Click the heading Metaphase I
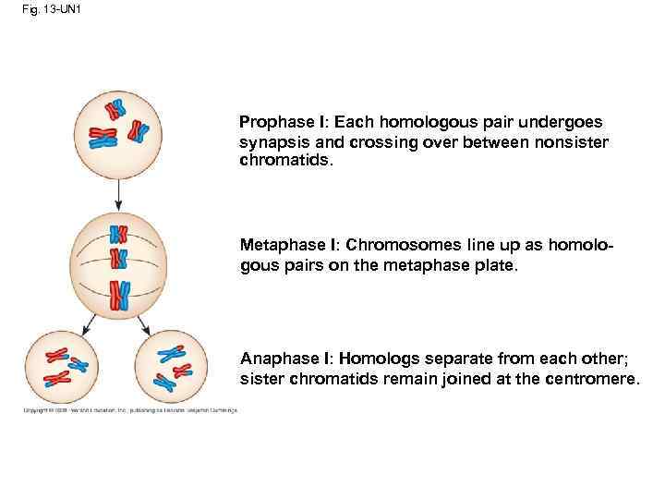tap(284, 245)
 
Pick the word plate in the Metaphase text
tap(499, 265)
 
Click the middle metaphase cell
tap(118, 263)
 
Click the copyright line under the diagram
tap(129, 409)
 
